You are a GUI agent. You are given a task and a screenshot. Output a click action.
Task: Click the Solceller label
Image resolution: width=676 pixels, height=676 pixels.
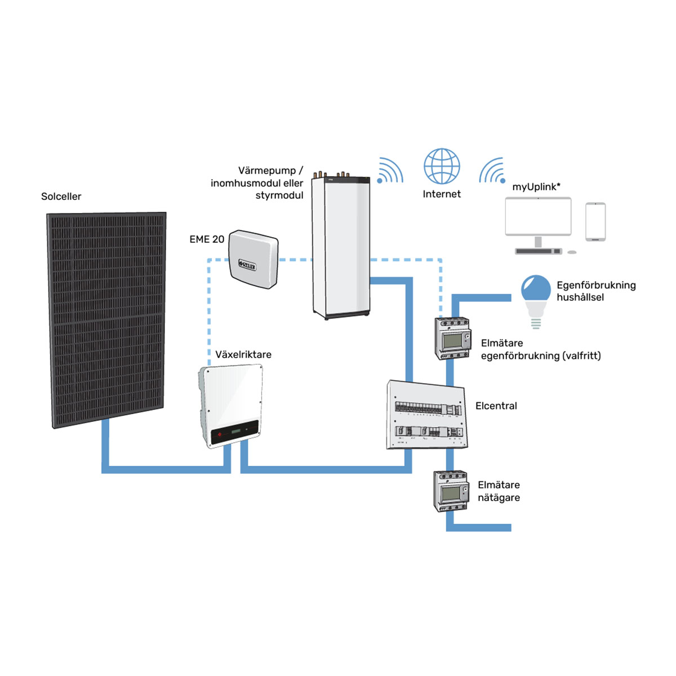click(x=61, y=197)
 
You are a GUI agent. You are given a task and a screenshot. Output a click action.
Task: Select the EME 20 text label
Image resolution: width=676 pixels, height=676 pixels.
click(x=207, y=239)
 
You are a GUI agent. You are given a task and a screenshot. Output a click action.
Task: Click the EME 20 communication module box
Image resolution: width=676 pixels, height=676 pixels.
click(x=254, y=259)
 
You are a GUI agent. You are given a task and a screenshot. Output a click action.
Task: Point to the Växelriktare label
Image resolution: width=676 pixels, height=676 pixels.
click(x=243, y=355)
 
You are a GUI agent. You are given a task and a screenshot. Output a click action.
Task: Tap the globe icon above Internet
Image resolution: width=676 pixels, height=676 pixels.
click(x=442, y=166)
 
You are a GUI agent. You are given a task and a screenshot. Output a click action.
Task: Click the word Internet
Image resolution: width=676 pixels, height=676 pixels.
click(x=442, y=194)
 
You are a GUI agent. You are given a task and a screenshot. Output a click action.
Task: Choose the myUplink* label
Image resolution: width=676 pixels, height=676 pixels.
click(x=536, y=187)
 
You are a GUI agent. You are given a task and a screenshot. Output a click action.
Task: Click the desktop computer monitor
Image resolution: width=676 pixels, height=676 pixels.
click(x=538, y=217)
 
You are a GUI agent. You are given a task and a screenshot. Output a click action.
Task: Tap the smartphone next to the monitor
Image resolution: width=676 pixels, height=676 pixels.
click(x=595, y=222)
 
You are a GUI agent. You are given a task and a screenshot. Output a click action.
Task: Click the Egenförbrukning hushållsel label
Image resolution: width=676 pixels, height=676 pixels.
click(x=596, y=291)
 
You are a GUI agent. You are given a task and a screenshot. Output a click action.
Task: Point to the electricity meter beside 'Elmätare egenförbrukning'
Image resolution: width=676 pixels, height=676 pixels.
click(x=452, y=339)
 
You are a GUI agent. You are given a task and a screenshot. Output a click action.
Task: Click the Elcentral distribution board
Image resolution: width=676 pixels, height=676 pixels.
click(x=427, y=416)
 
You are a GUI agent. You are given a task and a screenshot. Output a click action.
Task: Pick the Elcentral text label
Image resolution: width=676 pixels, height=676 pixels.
click(x=496, y=406)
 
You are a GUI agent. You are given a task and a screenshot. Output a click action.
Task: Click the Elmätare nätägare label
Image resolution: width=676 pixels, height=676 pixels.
click(x=499, y=491)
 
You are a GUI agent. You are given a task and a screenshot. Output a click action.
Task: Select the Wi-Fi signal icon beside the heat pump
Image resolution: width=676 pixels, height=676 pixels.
click(x=390, y=171)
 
